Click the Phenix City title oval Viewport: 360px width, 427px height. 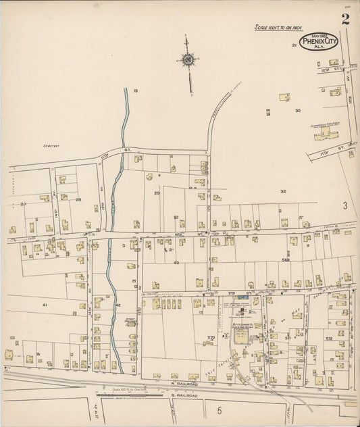click(x=319, y=43)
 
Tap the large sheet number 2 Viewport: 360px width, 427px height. click(x=345, y=19)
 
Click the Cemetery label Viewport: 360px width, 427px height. click(x=52, y=145)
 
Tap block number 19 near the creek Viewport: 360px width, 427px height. click(x=135, y=91)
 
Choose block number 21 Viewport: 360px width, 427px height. click(x=294, y=45)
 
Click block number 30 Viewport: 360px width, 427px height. click(x=298, y=110)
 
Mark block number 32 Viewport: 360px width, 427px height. click(x=283, y=191)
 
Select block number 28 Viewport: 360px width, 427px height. click(x=78, y=200)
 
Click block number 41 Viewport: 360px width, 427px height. click(x=45, y=305)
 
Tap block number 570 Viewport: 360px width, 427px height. click(x=211, y=337)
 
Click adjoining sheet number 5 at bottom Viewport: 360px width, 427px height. click(x=219, y=409)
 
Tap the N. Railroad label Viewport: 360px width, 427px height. click(x=174, y=382)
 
